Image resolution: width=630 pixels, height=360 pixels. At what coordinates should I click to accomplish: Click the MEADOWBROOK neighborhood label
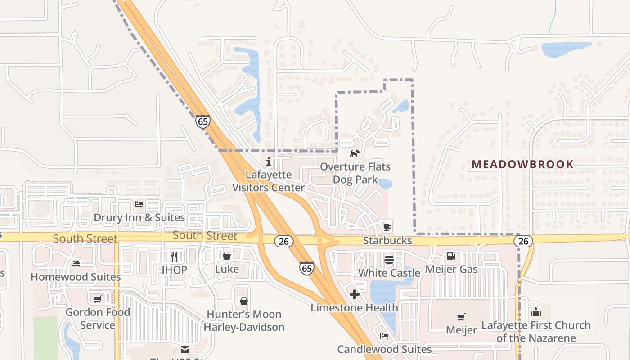coord(522,164)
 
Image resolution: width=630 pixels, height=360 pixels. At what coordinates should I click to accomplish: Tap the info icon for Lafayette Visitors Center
coord(269,162)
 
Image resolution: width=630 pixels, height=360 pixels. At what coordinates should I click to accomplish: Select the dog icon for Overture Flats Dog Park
coord(355,154)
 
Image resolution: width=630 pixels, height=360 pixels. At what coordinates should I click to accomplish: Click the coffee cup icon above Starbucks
coord(387,227)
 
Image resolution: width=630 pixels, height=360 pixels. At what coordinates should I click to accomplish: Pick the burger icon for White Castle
coord(389,260)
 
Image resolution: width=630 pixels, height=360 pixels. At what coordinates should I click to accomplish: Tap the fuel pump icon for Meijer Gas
coord(450,256)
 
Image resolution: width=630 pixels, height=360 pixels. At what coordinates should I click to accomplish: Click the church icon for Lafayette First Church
coord(535,312)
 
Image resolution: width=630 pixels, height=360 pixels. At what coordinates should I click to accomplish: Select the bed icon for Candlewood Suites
coord(384,336)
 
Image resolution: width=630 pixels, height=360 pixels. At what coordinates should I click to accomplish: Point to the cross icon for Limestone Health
coord(355,295)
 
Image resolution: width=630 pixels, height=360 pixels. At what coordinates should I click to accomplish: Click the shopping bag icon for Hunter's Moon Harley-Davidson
coord(244,301)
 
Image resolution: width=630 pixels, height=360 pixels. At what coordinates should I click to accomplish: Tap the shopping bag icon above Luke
coord(227,256)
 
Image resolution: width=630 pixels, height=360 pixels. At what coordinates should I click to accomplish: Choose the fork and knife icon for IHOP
coord(174,257)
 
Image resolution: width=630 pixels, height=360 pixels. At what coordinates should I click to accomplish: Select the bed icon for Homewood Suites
coord(76,264)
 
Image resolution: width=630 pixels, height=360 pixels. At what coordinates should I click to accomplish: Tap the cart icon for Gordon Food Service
coord(97,299)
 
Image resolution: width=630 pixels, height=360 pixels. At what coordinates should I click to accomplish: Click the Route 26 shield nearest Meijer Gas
coord(523,242)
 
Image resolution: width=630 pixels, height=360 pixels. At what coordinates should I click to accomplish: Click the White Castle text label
coord(389,273)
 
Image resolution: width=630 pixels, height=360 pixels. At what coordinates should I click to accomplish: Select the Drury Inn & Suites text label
coord(139,218)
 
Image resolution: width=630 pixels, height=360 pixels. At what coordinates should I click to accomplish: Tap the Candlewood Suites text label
coord(384,349)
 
